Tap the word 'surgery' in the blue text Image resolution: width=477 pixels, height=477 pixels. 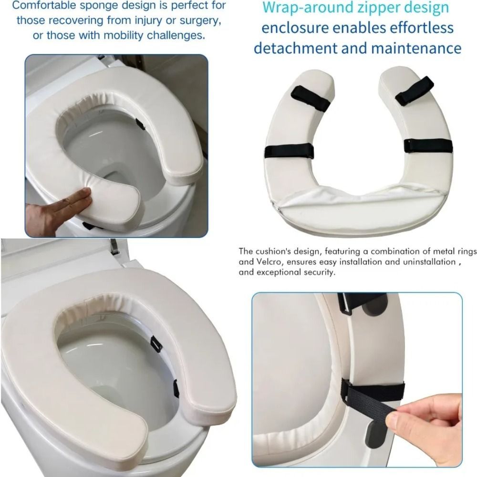coord(199,21)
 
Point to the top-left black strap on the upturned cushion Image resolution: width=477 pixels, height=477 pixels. coord(310,99)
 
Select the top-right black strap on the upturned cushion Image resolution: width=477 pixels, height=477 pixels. coord(414,90)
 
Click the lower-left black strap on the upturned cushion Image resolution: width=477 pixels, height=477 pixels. coord(289,152)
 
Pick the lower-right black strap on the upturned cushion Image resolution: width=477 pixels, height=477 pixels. coord(428,145)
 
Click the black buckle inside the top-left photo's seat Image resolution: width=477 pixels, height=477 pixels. coord(140,124)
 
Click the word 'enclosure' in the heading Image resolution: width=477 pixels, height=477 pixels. coord(293,28)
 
